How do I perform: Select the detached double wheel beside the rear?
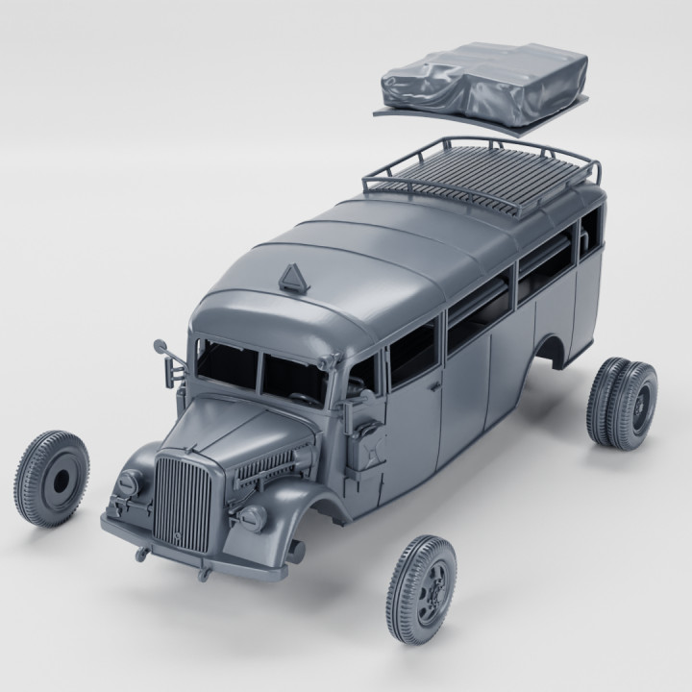click(x=622, y=401)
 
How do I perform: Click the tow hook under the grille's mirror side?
click(x=144, y=552)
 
